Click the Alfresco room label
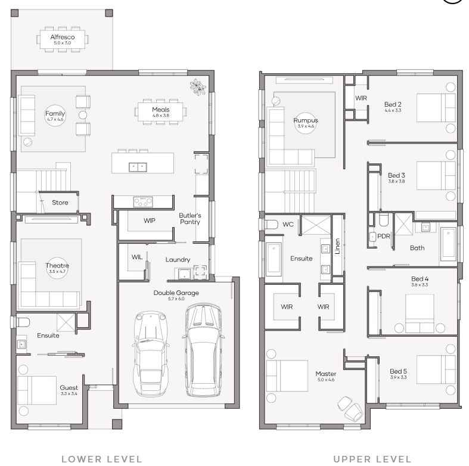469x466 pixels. (x=63, y=37)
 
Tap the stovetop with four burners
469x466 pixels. (x=143, y=202)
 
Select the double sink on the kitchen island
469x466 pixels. (x=138, y=167)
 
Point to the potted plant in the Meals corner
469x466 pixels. (x=198, y=87)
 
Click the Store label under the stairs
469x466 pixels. (x=60, y=203)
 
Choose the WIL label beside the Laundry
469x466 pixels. (x=137, y=257)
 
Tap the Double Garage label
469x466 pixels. (x=176, y=293)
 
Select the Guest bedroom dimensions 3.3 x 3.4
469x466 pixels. (x=69, y=394)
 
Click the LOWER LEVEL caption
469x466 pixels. (x=102, y=459)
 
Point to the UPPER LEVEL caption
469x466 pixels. (x=372, y=459)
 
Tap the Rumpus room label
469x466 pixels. (x=306, y=120)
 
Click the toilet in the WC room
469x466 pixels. (x=271, y=224)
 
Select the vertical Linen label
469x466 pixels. (x=337, y=246)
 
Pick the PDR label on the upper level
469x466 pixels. (x=384, y=237)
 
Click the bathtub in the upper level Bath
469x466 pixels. (x=448, y=243)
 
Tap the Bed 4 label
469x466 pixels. (x=420, y=279)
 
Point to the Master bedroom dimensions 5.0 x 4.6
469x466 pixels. (x=326, y=380)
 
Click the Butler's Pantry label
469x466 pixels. (x=190, y=219)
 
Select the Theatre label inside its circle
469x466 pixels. (x=57, y=266)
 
